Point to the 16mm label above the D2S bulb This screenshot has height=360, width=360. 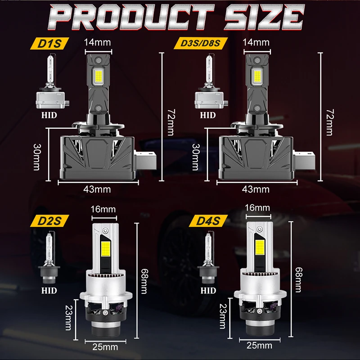click(103, 210)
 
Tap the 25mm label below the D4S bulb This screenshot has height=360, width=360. click(259, 346)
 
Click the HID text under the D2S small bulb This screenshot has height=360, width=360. click(49, 290)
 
